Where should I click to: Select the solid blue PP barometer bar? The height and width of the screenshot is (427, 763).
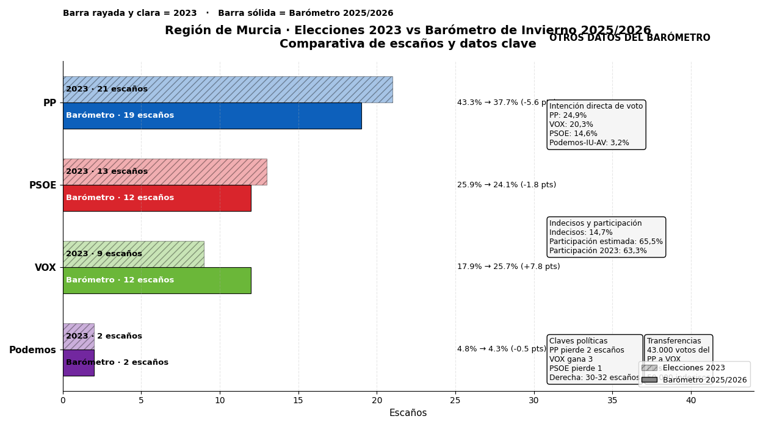pyautogui.click(x=244, y=116)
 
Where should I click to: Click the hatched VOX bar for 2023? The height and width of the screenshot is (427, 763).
pyautogui.click(x=165, y=254)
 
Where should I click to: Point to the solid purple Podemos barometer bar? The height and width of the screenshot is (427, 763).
pyautogui.click(x=78, y=363)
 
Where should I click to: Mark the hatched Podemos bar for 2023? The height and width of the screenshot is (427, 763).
pyautogui.click(x=78, y=337)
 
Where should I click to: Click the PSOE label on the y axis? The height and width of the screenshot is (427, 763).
pyautogui.click(x=43, y=185)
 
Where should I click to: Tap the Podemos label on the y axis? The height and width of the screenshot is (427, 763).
pyautogui.click(x=32, y=350)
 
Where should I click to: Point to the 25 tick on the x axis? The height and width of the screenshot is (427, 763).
pyautogui.click(x=455, y=401)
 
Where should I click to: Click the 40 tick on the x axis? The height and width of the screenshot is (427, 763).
pyautogui.click(x=691, y=401)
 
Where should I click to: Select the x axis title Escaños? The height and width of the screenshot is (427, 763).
pyautogui.click(x=408, y=414)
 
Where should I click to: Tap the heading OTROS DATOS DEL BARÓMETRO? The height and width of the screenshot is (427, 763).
pyautogui.click(x=629, y=38)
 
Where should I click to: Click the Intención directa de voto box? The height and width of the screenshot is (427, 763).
pyautogui.click(x=596, y=124)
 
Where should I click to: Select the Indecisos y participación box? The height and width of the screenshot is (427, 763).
pyautogui.click(x=606, y=237)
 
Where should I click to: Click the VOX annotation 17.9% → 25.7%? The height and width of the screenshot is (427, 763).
pyautogui.click(x=508, y=267)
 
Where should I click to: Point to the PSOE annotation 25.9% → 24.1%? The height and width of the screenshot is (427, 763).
pyautogui.click(x=507, y=185)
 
